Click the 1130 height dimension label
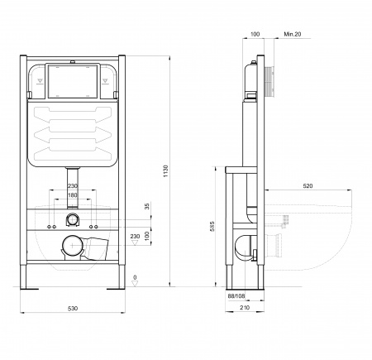tap(165, 171)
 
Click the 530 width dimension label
tap(73, 309)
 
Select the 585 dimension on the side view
tap(212, 226)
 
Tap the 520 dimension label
tap(308, 186)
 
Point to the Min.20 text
tap(293, 34)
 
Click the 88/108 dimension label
tap(236, 296)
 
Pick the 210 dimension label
tap(245, 307)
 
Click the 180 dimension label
tap(73, 195)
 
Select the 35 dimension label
tap(147, 206)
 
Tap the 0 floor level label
tap(135, 277)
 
